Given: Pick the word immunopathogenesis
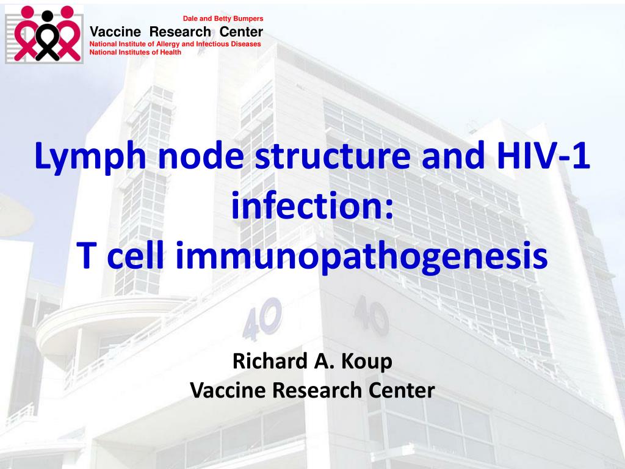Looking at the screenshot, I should coord(362,257).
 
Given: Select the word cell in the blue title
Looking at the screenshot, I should coord(140,257).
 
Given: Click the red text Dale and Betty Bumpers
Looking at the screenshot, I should coord(223,19).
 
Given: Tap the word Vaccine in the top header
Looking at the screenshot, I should coord(116,32).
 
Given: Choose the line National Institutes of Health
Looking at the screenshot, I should coord(135,52).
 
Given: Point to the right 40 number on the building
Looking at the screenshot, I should coord(370,315).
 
